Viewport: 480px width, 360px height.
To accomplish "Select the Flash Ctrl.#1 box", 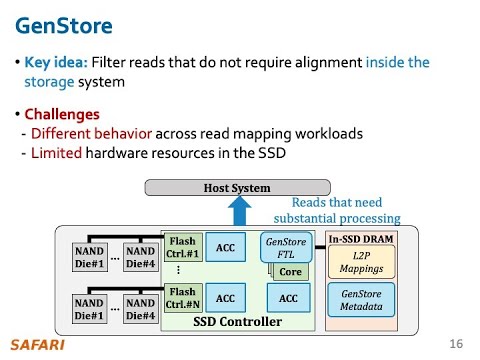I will click(182, 247).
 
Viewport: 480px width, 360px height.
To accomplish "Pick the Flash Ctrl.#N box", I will click(182, 298).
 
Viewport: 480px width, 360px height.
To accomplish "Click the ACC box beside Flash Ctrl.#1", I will click(226, 247).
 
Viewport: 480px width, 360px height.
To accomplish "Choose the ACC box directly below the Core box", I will click(289, 298).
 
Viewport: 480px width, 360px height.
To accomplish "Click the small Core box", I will click(290, 272).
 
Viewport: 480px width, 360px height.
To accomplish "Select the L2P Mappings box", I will click(361, 263).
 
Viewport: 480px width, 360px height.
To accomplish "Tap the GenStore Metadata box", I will click(361, 302).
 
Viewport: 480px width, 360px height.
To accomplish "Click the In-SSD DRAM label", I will click(361, 240).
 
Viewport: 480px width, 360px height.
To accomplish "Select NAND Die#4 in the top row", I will click(141, 256).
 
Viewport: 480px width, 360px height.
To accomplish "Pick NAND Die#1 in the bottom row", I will click(90, 308).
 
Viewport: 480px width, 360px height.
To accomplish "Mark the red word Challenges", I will click(61, 114).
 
